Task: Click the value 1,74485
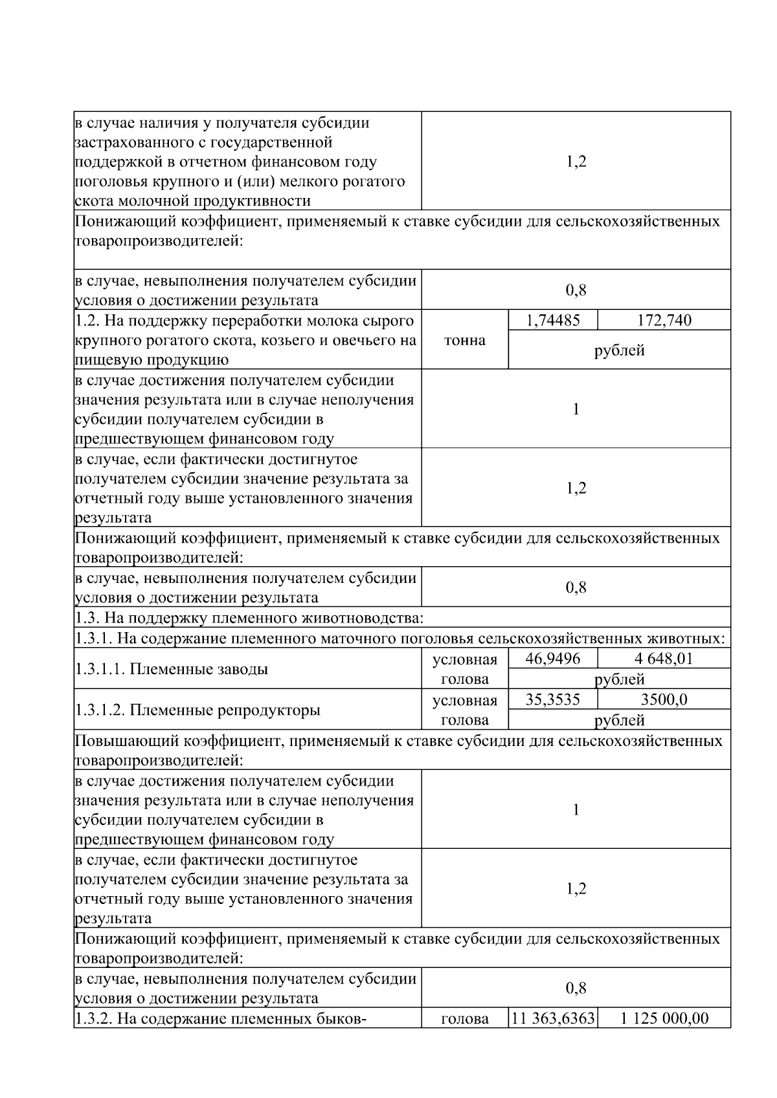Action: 552,320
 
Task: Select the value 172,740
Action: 664,320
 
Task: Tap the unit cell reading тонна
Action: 464,340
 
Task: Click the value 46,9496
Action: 552,659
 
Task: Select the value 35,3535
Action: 552,699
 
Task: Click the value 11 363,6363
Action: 553,1018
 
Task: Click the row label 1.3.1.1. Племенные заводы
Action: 172,669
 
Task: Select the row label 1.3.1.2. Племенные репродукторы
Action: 197,710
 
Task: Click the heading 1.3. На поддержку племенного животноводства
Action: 249,618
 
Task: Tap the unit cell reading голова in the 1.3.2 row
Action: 464,1019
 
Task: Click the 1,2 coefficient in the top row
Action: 576,161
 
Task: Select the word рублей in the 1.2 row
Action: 619,350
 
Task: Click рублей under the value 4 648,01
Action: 619,679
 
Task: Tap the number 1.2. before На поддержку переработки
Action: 87,320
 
